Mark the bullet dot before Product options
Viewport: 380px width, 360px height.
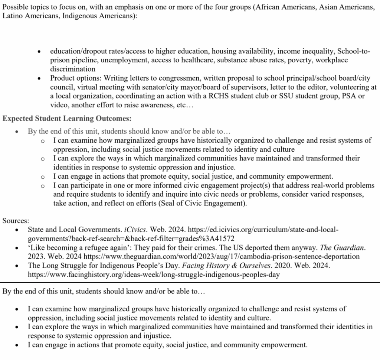39,78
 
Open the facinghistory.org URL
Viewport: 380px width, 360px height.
154,275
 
